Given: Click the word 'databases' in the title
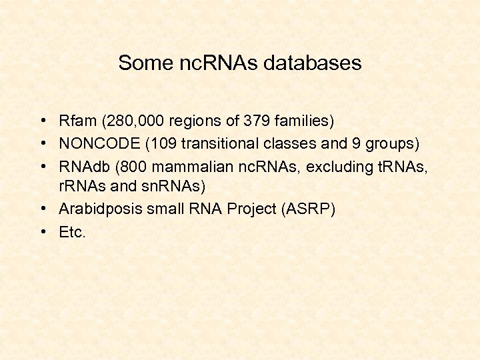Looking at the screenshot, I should [x=313, y=63].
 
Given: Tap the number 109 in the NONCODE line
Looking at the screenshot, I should [x=161, y=144].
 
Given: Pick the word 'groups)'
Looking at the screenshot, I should [x=395, y=144].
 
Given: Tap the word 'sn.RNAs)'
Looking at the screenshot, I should [x=181, y=186].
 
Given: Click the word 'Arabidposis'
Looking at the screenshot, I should [x=97, y=209].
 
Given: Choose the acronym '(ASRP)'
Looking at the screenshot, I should [x=309, y=209].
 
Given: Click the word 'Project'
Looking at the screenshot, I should [x=253, y=209].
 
